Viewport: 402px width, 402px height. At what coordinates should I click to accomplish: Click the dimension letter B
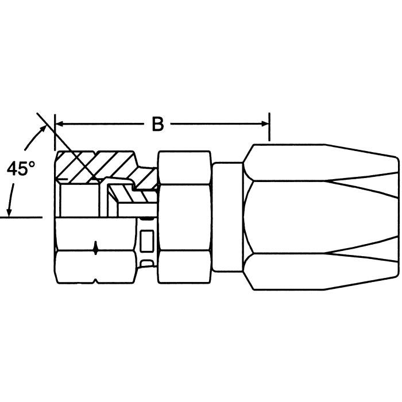[158, 123]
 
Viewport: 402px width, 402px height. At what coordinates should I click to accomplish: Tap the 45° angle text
[21, 169]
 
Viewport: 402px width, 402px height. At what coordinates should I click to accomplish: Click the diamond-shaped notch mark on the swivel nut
[95, 249]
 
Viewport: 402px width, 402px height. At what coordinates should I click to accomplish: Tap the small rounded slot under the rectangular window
[147, 263]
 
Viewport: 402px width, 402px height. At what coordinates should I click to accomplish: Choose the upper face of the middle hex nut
[185, 167]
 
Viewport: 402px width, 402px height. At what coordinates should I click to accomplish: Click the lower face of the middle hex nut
[185, 265]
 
